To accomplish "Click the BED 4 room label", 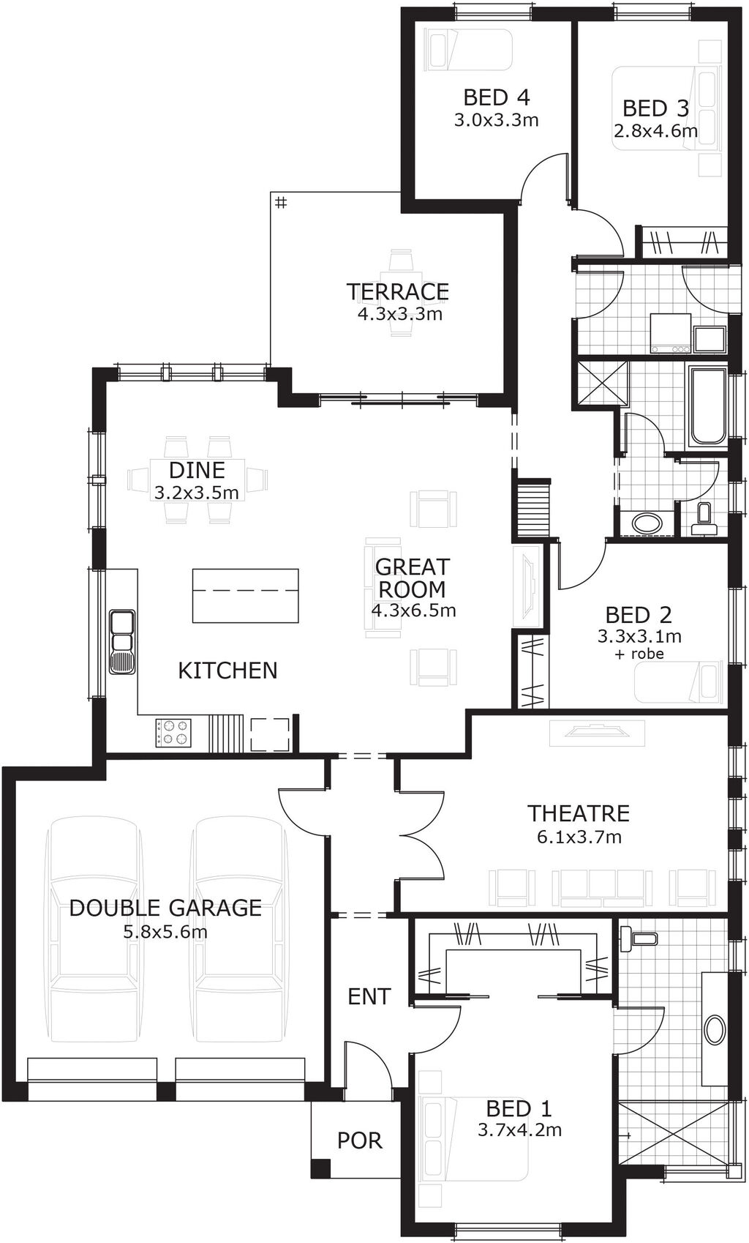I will coord(496,97).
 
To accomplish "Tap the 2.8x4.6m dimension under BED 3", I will coord(655,132).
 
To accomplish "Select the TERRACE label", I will coord(397,291).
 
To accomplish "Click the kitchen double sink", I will coord(121,641).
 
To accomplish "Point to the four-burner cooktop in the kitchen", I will coord(173,732).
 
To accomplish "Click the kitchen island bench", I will coord(246,595).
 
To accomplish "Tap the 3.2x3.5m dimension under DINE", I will coord(196,493).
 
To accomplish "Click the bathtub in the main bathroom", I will coord(707,406).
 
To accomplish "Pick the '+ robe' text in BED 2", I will coord(639,654).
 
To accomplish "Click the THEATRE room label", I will coord(579,813).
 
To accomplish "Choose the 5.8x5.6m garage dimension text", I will coord(165,932).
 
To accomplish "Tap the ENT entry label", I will coord(369,996).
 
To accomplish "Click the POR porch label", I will coord(359,1140).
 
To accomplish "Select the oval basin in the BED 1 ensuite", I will coord(714,1029).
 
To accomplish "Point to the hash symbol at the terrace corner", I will coord(281,203).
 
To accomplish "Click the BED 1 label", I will coord(519,1108).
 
